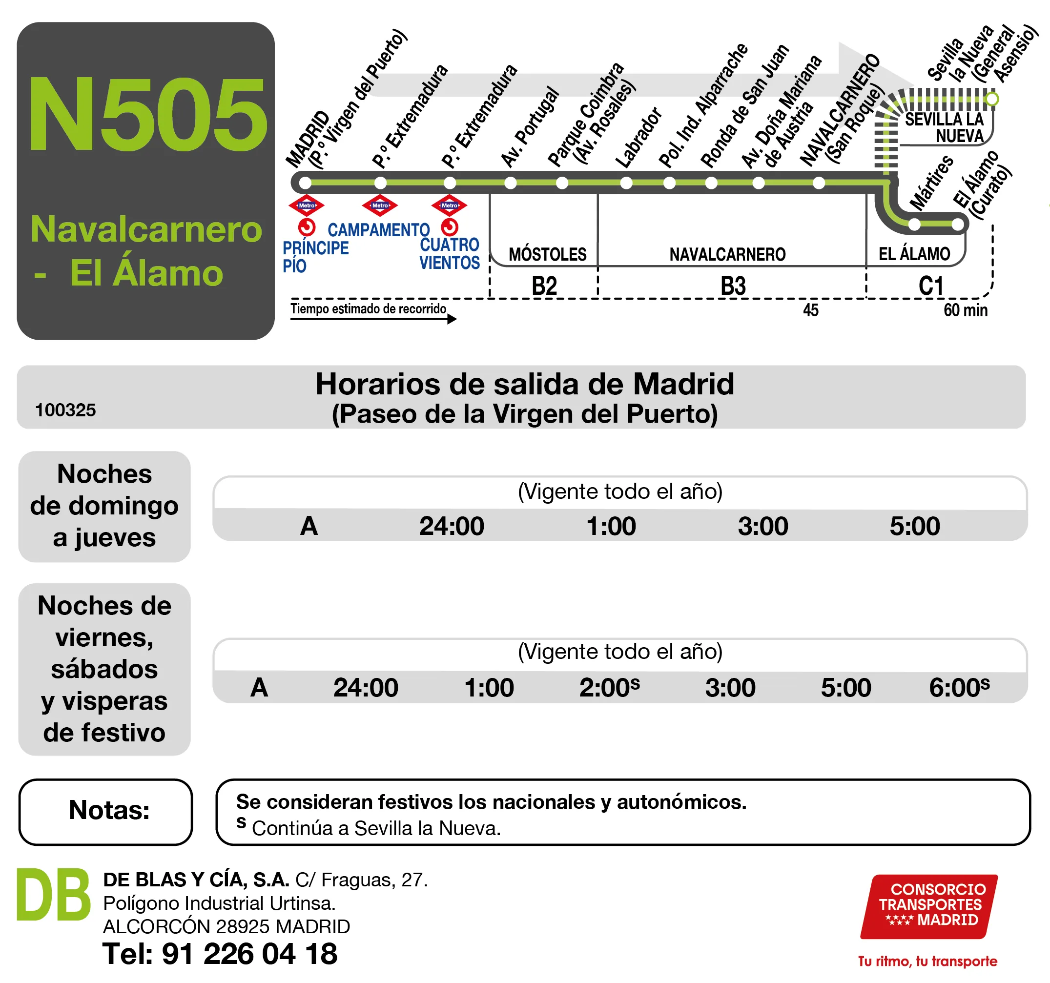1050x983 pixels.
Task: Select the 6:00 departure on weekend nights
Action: [x=959, y=688]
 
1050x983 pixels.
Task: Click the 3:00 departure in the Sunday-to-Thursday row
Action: [x=762, y=526]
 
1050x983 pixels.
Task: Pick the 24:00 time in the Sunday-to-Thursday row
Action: [x=452, y=526]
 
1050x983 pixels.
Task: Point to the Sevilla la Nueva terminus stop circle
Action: [x=992, y=99]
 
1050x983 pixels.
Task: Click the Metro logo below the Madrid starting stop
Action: [x=307, y=205]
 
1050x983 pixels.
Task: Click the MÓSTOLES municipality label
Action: [x=547, y=255]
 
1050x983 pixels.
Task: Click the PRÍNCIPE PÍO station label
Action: [x=315, y=256]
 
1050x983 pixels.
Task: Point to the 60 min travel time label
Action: [x=965, y=310]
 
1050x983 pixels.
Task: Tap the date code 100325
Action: [x=65, y=410]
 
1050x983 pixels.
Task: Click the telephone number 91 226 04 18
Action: [x=249, y=954]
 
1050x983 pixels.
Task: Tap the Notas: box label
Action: [x=109, y=810]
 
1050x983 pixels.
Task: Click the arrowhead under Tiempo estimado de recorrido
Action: [x=452, y=319]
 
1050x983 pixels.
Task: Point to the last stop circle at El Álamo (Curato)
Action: [x=958, y=225]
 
